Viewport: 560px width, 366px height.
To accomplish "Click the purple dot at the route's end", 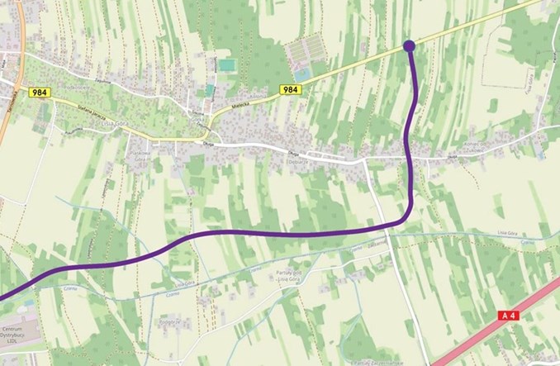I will [x=408, y=45].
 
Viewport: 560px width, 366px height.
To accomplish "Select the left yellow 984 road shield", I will [x=39, y=93].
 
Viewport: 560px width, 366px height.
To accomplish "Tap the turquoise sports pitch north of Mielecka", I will [x=226, y=64].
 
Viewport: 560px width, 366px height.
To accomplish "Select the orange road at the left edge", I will [x=7, y=116].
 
